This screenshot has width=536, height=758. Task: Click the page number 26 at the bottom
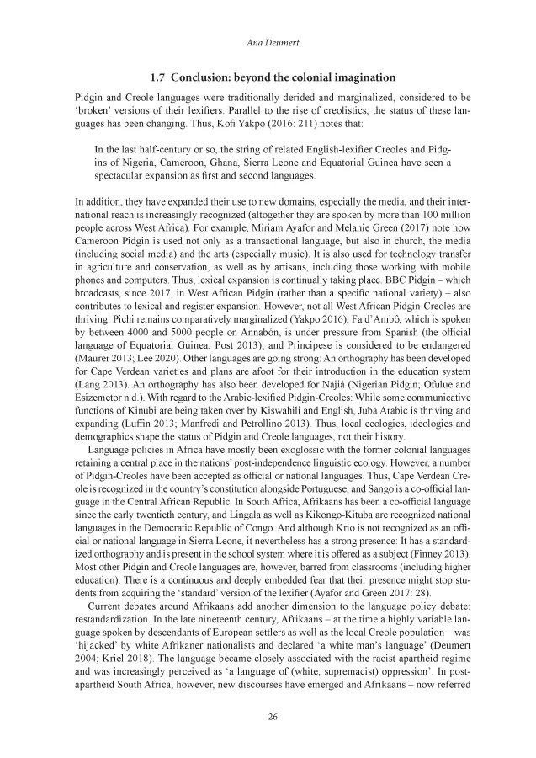click(268, 717)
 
